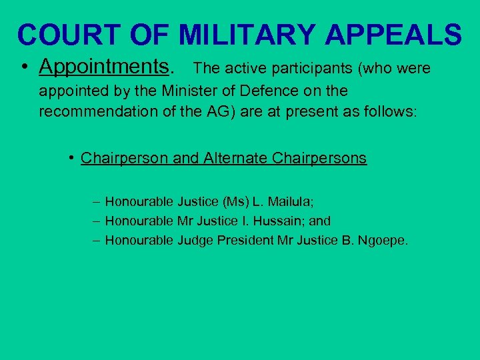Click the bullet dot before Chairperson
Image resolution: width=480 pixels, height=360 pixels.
point(71,158)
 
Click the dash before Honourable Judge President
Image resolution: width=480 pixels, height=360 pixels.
point(97,240)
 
